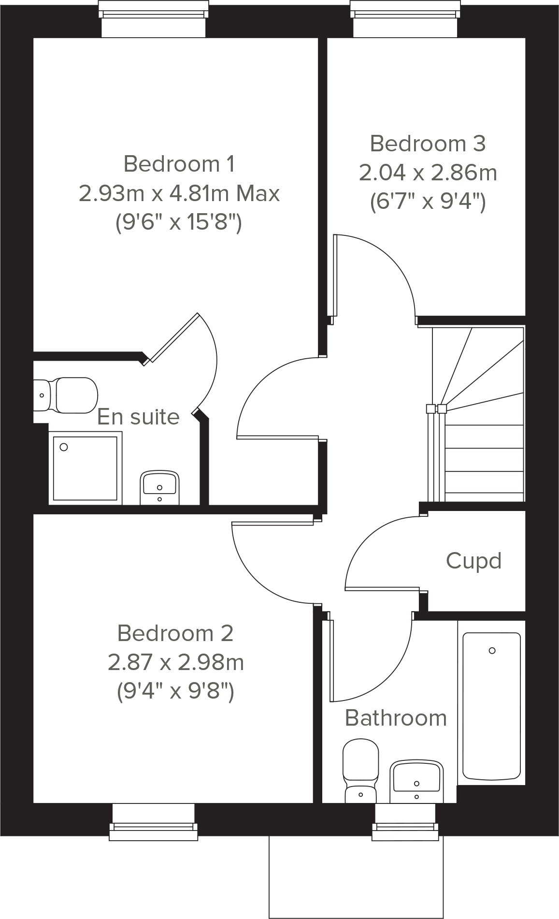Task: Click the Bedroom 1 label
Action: (179, 164)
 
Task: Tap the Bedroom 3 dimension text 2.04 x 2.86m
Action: (428, 173)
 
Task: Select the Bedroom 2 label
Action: (175, 633)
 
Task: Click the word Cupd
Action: (473, 561)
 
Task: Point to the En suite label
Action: (138, 416)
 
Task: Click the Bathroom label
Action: (396, 718)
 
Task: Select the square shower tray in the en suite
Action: (85, 468)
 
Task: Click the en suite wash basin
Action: (159, 488)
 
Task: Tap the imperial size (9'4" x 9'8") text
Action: (175, 691)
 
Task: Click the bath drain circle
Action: (492, 650)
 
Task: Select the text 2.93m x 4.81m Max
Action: (179, 193)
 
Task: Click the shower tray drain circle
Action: (64, 447)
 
